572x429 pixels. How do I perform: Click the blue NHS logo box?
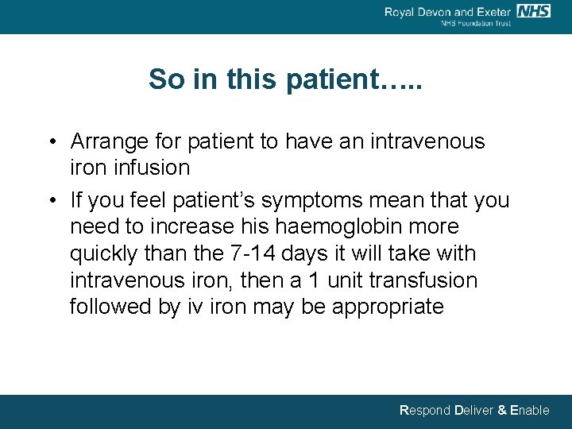533,10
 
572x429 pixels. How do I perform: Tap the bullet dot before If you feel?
50,201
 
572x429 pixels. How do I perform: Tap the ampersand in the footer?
501,411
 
